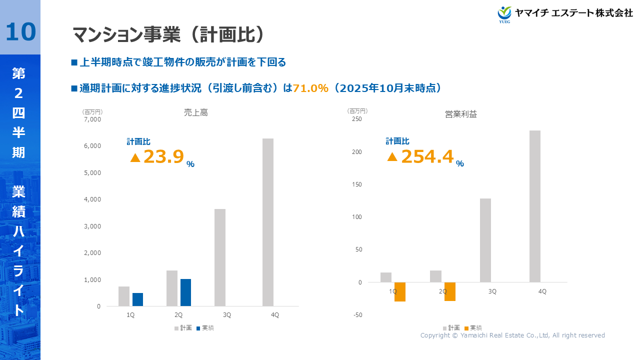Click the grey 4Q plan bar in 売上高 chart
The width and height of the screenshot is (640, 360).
(268, 222)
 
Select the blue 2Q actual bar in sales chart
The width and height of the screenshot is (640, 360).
(185, 292)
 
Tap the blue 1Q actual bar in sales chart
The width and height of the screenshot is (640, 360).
(137, 299)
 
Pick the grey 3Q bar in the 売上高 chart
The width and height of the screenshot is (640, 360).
(220, 257)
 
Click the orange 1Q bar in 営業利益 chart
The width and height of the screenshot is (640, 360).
(399, 292)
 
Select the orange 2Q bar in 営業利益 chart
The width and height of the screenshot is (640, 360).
(450, 291)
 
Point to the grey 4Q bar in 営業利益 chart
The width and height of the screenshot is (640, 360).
(535, 206)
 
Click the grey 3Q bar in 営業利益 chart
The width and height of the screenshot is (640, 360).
(485, 240)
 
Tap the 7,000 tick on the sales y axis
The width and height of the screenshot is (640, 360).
(92, 119)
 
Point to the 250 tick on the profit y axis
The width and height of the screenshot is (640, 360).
(356, 119)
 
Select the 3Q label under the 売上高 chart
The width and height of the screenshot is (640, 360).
(227, 315)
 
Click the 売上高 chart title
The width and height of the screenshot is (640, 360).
(196, 113)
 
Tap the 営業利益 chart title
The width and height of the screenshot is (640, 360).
(461, 114)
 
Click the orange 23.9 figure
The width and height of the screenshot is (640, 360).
(163, 156)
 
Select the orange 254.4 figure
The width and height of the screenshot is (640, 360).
(427, 156)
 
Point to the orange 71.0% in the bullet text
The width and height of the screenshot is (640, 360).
(310, 88)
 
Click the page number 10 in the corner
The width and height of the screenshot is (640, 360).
(20, 31)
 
